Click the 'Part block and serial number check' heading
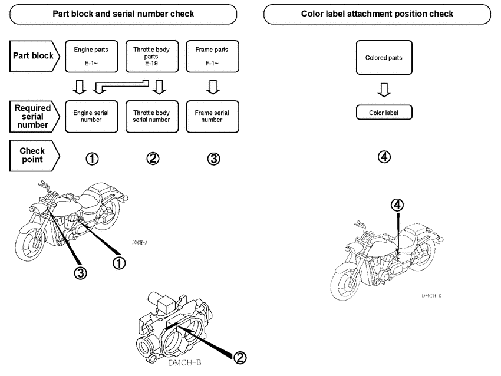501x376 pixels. [x=124, y=14]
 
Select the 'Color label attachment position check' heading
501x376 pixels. [x=377, y=14]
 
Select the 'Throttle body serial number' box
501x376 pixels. [x=152, y=116]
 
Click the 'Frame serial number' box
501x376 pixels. [x=212, y=116]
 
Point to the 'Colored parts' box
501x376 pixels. [x=384, y=58]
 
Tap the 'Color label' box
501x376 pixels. [x=384, y=113]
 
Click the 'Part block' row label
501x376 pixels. [x=32, y=56]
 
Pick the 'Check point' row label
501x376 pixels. [x=32, y=156]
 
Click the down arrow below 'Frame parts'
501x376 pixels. [x=214, y=88]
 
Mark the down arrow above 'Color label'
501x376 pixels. [x=384, y=90]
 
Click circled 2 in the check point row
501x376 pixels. [x=153, y=158]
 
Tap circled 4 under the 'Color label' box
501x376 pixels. [x=384, y=157]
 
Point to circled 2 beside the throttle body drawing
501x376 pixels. [x=240, y=357]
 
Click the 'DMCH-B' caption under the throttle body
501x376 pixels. [x=186, y=363]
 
